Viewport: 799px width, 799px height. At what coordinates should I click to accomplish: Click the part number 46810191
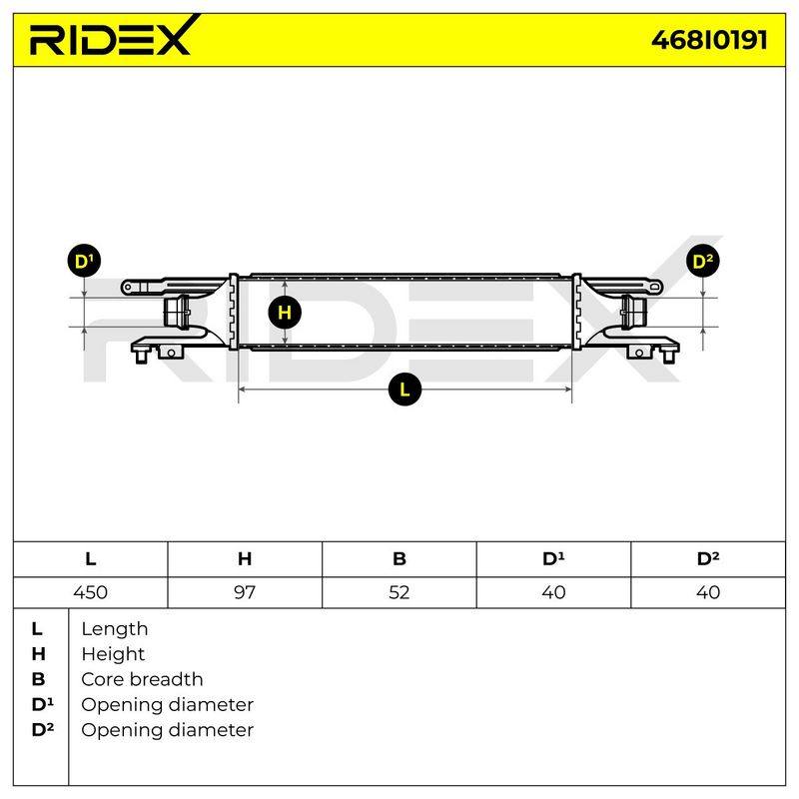pos(709,40)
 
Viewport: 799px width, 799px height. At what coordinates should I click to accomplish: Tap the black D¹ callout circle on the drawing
pos(84,261)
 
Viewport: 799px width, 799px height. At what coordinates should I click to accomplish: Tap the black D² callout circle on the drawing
pos(703,262)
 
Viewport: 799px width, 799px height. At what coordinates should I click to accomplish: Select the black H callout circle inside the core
pos(285,312)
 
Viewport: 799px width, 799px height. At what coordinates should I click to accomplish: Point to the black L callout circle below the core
pos(404,390)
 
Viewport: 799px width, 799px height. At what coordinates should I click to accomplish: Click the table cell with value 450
pos(90,592)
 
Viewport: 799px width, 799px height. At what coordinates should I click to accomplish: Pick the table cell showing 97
pos(245,592)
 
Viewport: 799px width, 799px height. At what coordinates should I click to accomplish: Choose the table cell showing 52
pos(399,592)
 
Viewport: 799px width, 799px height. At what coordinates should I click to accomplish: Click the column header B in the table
pos(399,559)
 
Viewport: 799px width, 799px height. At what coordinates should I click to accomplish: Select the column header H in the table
pos(245,559)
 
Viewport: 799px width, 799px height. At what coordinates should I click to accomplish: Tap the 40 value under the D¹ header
pos(553,592)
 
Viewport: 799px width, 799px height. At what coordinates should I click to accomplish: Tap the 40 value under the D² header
pos(708,592)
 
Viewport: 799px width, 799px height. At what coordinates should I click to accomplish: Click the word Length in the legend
pos(115,629)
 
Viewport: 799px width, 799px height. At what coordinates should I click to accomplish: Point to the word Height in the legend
pos(113,654)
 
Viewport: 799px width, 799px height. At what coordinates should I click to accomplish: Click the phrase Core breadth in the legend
pos(142,679)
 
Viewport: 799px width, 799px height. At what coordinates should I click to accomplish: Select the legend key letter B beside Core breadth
pos(38,679)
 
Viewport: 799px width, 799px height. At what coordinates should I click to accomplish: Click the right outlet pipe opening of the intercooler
pos(633,312)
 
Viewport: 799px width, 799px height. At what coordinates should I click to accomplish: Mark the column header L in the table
pos(90,559)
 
